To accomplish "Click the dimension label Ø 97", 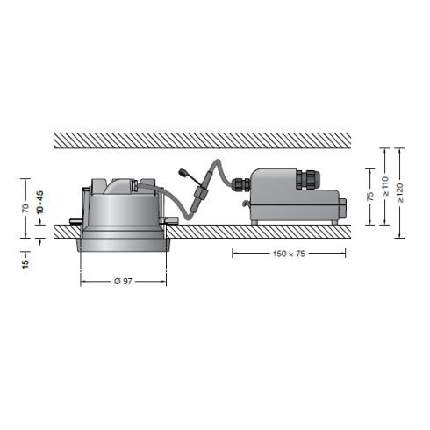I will click(x=123, y=281).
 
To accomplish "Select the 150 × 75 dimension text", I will click(x=288, y=254).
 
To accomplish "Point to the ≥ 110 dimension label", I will click(x=384, y=186).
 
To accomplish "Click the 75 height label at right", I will click(x=369, y=198).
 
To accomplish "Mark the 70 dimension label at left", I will click(x=25, y=208).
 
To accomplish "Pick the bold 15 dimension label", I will click(x=25, y=260).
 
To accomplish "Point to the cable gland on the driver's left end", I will click(x=240, y=184).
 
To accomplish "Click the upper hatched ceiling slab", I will click(x=202, y=140).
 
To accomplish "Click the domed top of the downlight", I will click(x=123, y=185).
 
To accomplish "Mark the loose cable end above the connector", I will click(x=183, y=174).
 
